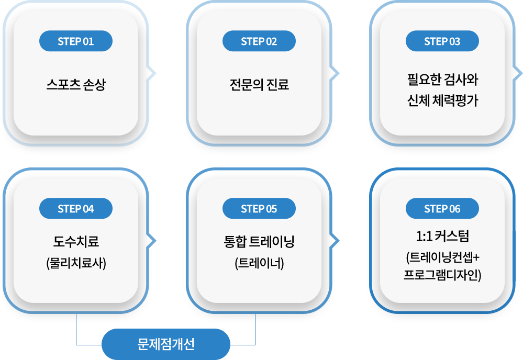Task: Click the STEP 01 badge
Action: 76,42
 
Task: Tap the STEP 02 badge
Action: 259,42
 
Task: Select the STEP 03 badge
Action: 442,42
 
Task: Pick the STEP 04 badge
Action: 76,209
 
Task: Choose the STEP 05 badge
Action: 259,209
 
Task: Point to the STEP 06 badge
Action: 442,209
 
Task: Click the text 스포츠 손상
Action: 76,85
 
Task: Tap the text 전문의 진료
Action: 259,85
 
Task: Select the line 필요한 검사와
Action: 442,81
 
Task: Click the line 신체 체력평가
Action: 442,99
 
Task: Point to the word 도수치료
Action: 76,242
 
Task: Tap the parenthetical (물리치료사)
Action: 76,263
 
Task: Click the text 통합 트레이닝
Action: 259,242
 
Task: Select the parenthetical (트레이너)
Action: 259,263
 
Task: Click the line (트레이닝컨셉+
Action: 442,257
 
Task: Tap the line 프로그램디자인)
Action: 442,274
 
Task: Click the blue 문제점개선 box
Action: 166,344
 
